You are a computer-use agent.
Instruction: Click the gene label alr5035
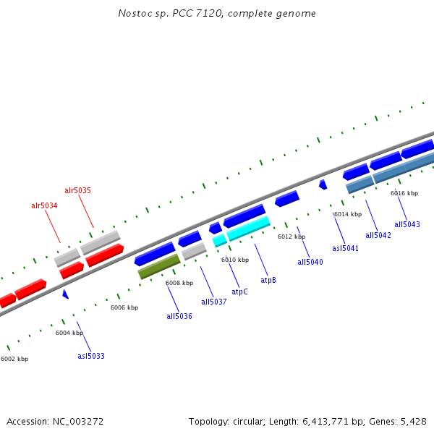[x=77, y=191]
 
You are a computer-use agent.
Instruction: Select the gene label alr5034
[x=44, y=206]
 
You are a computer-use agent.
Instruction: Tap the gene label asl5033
[x=91, y=356]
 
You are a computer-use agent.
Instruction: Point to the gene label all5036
[x=179, y=316]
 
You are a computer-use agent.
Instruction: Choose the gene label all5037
[x=214, y=302]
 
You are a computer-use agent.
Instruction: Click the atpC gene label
[x=239, y=292]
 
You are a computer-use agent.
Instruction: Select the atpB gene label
[x=268, y=280]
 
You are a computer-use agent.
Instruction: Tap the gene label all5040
[x=310, y=262]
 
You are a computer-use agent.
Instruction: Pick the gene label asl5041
[x=345, y=248]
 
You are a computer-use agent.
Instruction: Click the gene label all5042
[x=378, y=235]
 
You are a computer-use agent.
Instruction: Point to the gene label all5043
[x=407, y=224]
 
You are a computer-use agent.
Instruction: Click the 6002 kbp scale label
[x=14, y=359]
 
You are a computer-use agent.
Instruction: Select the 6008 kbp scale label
[x=179, y=283]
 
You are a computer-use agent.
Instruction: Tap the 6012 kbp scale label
[x=292, y=237]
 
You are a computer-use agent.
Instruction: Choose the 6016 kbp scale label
[x=404, y=193]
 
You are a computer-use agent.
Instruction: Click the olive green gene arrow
[x=159, y=266]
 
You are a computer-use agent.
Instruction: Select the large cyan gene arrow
[x=248, y=229]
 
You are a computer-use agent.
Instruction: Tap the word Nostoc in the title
[x=132, y=14]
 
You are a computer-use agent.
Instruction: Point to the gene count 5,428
[x=413, y=421]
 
